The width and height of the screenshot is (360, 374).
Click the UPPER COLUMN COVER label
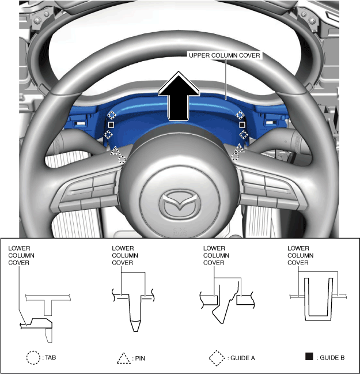[x=225, y=55]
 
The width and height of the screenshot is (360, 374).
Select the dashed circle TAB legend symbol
[x=33, y=357]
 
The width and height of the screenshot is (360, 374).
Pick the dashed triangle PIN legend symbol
[x=124, y=358]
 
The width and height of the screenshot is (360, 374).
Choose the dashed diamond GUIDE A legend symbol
[x=217, y=357]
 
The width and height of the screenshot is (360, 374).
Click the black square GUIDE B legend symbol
[x=309, y=357]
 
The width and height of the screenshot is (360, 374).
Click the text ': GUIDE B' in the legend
[x=331, y=358]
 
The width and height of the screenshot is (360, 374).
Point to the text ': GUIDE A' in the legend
[x=241, y=358]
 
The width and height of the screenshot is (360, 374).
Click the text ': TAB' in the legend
[x=50, y=357]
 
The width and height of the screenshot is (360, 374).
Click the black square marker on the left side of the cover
[x=112, y=124]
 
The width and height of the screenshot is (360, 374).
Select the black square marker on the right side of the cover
[x=242, y=124]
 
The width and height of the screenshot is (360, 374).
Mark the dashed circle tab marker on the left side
[x=122, y=158]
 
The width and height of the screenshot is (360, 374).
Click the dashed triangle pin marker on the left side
[x=115, y=151]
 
